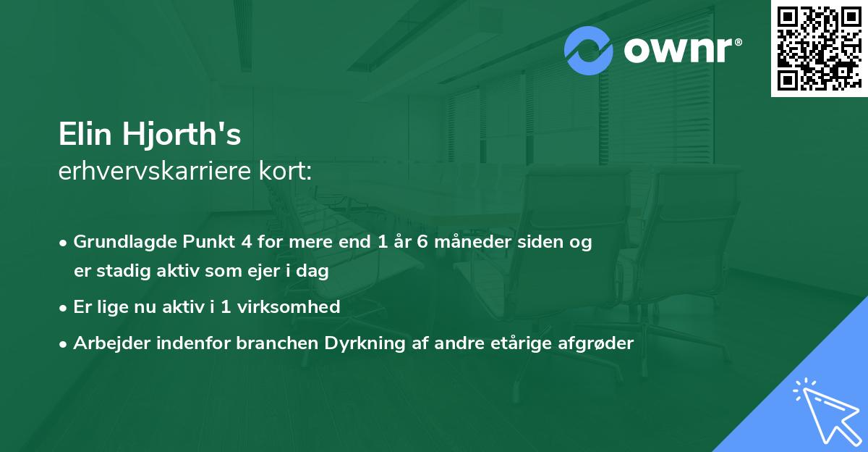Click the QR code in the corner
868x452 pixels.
(x=819, y=48)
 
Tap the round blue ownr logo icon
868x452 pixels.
(x=589, y=51)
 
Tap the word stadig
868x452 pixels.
(x=122, y=272)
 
